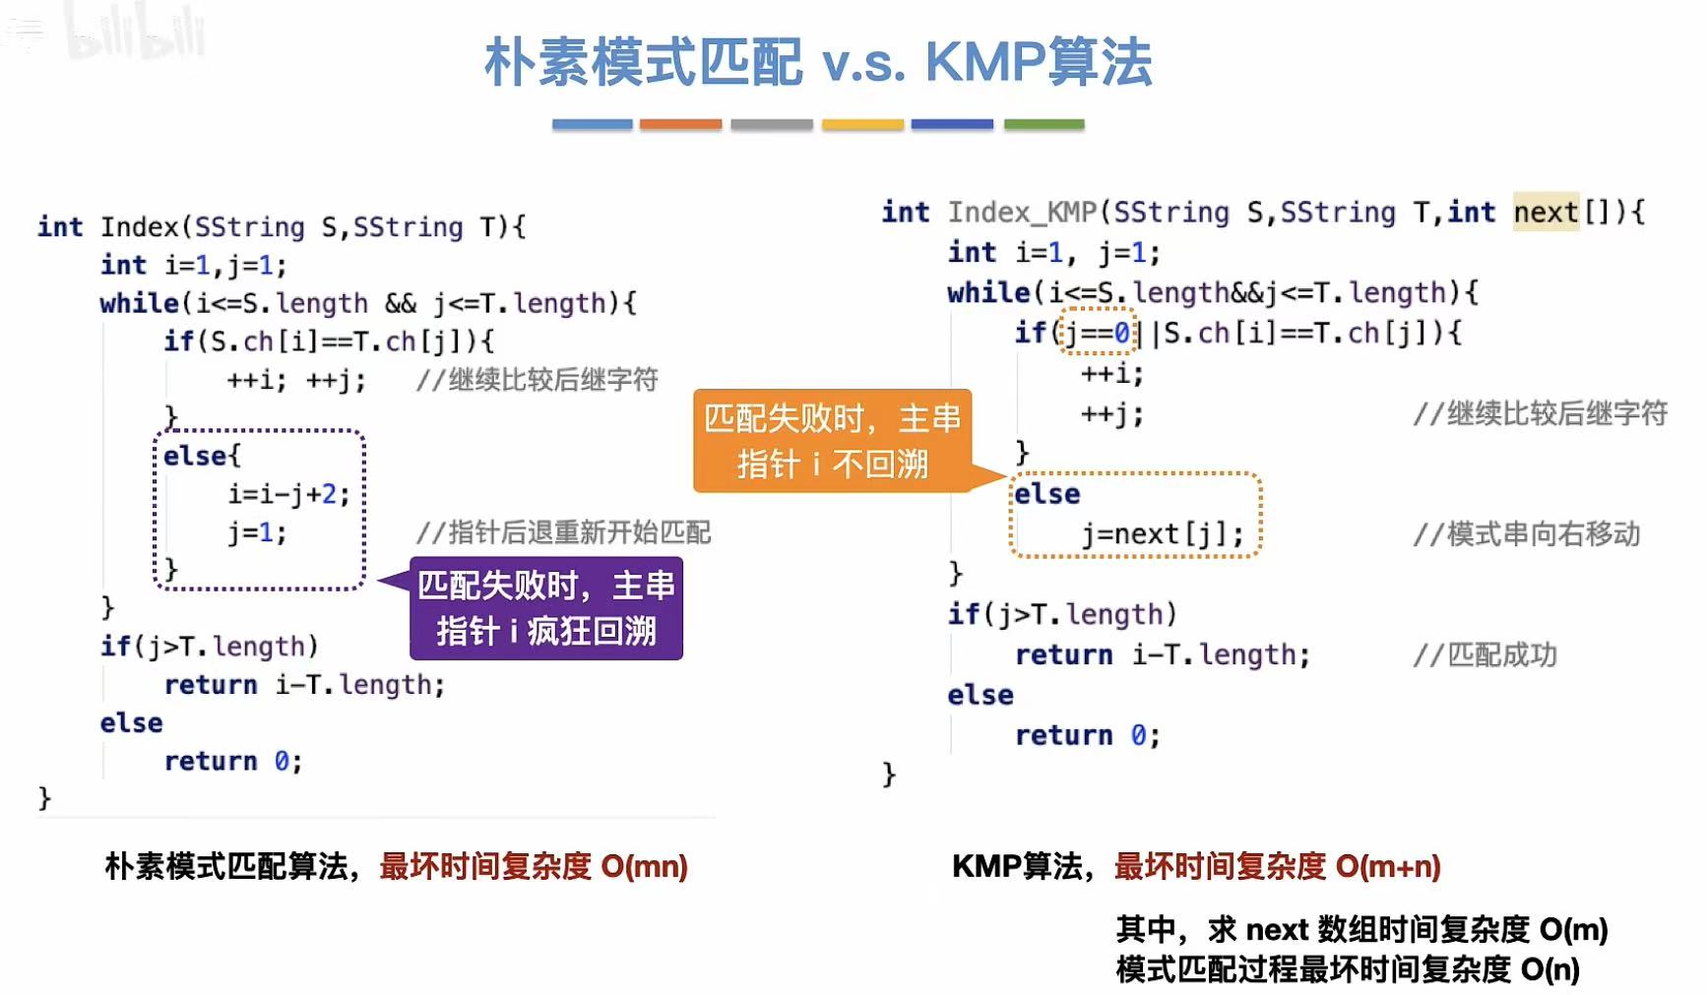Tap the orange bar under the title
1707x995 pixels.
pos(680,125)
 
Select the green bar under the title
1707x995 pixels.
pos(1043,125)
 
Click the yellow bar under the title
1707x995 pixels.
pos(862,125)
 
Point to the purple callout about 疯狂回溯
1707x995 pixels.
pos(546,608)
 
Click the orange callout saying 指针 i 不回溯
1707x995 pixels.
pos(832,441)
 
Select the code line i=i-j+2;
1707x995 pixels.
pos(288,493)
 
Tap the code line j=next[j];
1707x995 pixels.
pos(1162,534)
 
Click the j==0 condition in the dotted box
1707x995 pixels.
pos(1096,333)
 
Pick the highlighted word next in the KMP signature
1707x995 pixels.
pos(1546,212)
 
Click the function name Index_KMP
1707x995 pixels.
pos(1022,212)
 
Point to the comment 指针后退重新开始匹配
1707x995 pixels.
pos(563,532)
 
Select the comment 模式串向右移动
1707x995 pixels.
pos(1527,534)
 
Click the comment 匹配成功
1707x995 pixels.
pos(1486,654)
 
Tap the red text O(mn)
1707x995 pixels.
pos(644,866)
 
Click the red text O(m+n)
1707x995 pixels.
pos(1388,866)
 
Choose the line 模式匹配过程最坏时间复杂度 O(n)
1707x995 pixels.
pos(1348,969)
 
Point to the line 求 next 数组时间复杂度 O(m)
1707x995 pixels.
pos(1361,929)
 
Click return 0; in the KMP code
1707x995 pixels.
pos(1087,735)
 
